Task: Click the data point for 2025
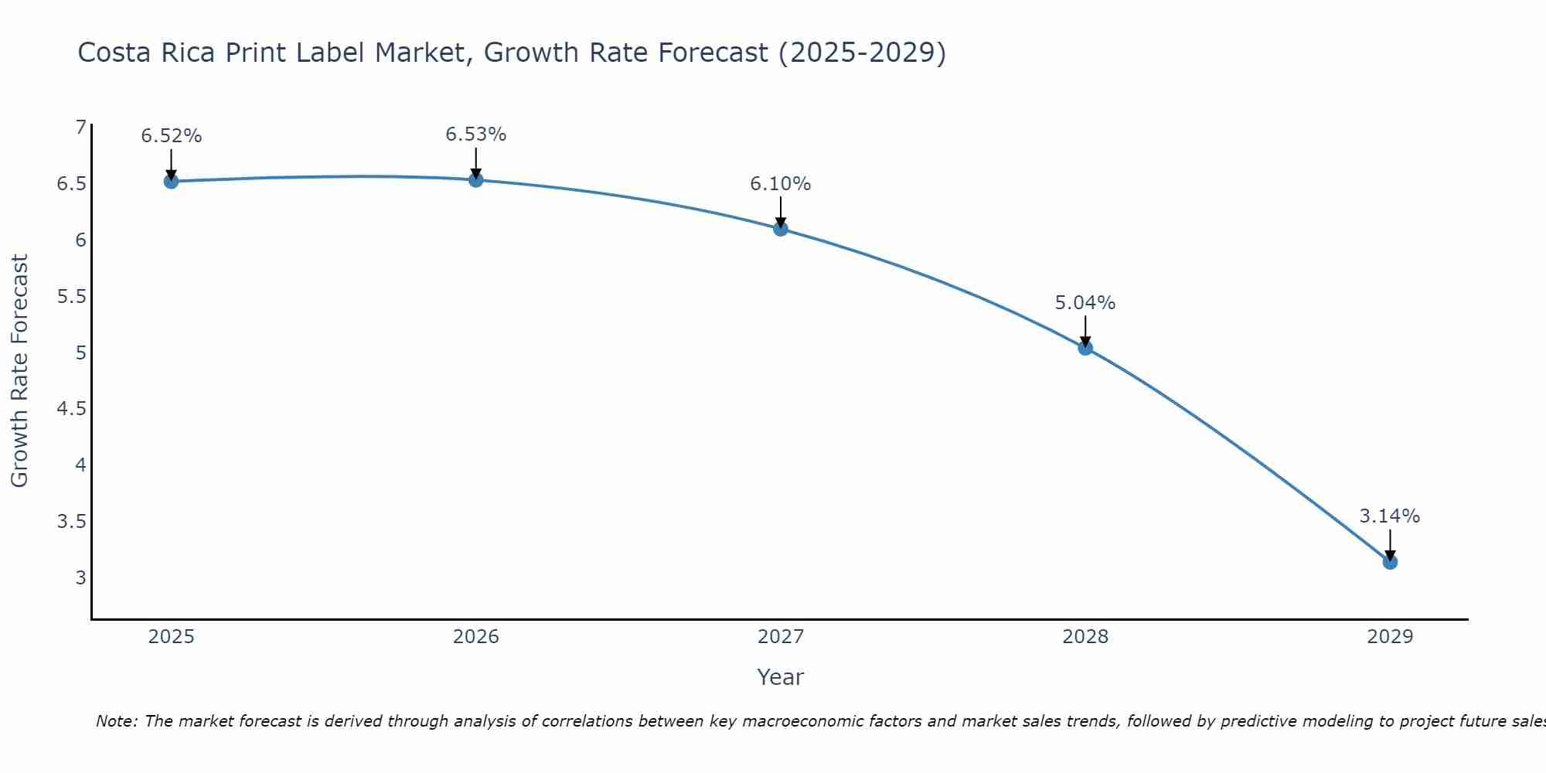pyautogui.click(x=172, y=182)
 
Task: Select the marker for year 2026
pyautogui.click(x=476, y=180)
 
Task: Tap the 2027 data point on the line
pyautogui.click(x=781, y=229)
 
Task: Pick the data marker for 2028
pyautogui.click(x=1085, y=348)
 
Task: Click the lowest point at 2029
pyautogui.click(x=1390, y=562)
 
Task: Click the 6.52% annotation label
pyautogui.click(x=172, y=136)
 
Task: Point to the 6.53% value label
pyautogui.click(x=476, y=135)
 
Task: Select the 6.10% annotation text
pyautogui.click(x=781, y=184)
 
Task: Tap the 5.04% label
pyautogui.click(x=1085, y=303)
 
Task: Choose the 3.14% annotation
pyautogui.click(x=1390, y=516)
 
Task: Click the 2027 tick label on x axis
pyautogui.click(x=781, y=637)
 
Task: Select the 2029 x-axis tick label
pyautogui.click(x=1390, y=637)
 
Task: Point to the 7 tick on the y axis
pyautogui.click(x=80, y=128)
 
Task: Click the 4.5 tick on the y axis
pyautogui.click(x=72, y=409)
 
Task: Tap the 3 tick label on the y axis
pyautogui.click(x=80, y=577)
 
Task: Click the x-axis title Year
pyautogui.click(x=781, y=677)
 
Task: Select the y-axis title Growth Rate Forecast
pyautogui.click(x=20, y=371)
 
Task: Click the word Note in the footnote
pyautogui.click(x=116, y=721)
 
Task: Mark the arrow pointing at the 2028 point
pyautogui.click(x=1085, y=331)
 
